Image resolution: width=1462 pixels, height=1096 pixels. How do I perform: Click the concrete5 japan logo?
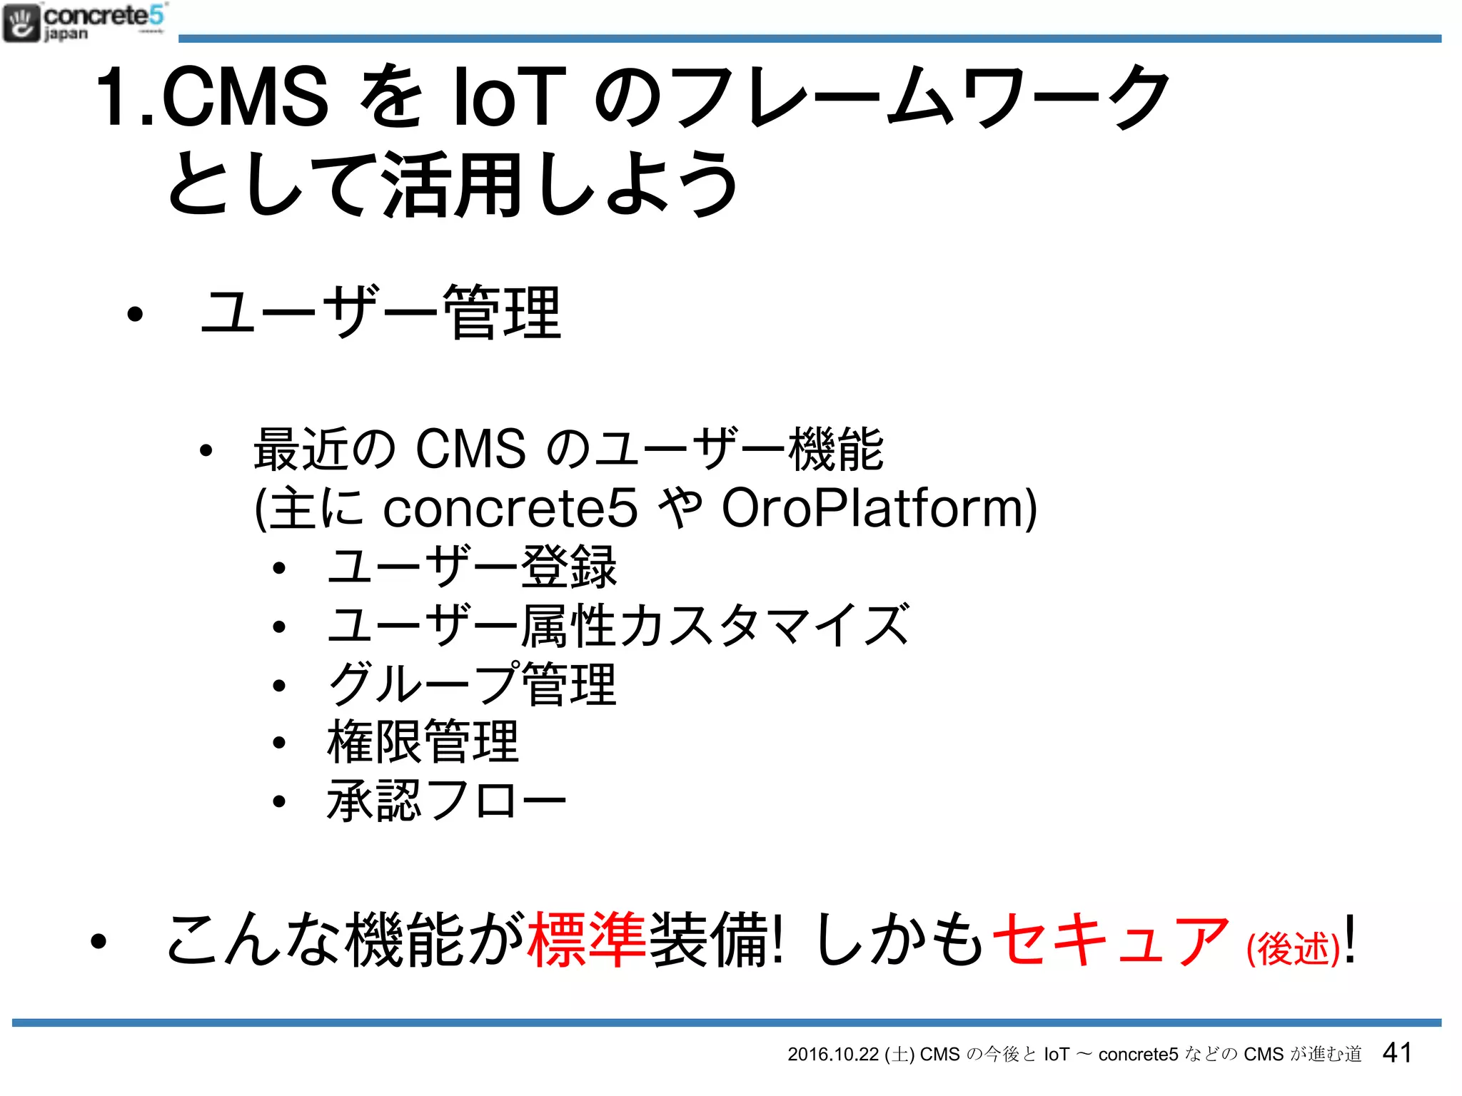tap(84, 23)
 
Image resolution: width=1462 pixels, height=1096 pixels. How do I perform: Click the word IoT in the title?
tap(510, 96)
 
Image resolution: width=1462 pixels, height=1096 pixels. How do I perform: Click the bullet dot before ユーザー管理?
tap(134, 314)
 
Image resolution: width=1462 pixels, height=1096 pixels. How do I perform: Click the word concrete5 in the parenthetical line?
tap(510, 508)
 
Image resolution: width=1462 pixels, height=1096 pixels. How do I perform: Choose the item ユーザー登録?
tap(471, 567)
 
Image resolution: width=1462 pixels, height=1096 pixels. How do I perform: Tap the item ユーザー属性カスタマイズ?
tap(617, 626)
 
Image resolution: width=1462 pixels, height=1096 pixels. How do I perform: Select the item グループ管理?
tap(471, 684)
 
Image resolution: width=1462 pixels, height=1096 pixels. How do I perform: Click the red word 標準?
tap(587, 940)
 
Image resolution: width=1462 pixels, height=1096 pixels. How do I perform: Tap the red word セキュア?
tap(1110, 940)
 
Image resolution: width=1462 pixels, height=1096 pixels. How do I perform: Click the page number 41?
tap(1397, 1052)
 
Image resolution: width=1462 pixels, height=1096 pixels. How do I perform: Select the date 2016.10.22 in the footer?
tap(832, 1055)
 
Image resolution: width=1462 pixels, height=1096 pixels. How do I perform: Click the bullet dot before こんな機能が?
tap(99, 942)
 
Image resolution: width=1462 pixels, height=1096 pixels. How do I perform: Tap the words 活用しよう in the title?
tap(560, 184)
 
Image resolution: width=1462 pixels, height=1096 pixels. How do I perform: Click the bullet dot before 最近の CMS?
tap(206, 451)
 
